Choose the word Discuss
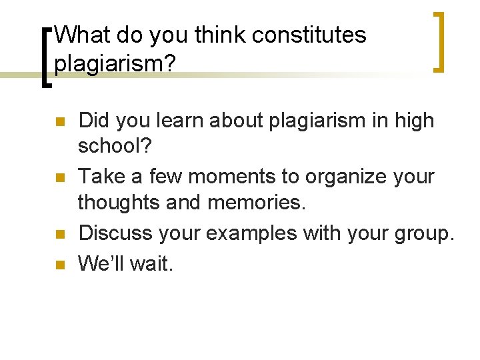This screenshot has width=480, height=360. point(115,234)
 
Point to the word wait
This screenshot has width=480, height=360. point(152,263)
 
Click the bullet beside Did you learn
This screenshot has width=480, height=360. point(59,123)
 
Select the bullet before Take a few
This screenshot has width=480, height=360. point(59,179)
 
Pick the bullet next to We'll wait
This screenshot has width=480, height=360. point(59,265)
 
